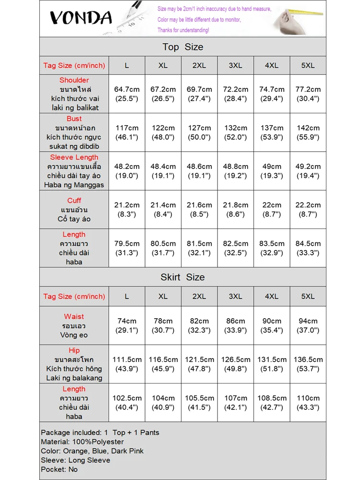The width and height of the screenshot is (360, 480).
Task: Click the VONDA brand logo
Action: click(81, 18)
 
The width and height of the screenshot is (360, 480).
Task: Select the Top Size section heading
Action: click(182, 47)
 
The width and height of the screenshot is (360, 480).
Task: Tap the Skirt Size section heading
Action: click(182, 277)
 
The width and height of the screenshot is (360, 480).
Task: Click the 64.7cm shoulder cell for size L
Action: click(127, 94)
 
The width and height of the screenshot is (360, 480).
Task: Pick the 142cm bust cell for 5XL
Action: click(308, 132)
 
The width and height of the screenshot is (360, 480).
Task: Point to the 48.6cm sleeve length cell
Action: click(199, 171)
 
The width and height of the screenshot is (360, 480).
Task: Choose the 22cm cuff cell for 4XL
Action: click(272, 209)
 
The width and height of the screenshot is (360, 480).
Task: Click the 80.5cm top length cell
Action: click(163, 248)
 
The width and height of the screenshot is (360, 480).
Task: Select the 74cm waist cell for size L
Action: click(127, 325)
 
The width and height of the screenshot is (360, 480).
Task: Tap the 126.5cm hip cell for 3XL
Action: click(236, 364)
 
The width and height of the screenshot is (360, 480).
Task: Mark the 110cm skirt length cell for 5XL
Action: click(308, 402)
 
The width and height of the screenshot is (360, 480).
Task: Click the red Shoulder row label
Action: click(74, 80)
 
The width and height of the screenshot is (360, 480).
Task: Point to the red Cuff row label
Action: click(74, 201)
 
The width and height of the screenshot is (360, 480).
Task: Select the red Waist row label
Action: click(74, 316)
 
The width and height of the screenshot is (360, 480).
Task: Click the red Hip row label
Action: click(74, 350)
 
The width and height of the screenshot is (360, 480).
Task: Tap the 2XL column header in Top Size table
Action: click(199, 65)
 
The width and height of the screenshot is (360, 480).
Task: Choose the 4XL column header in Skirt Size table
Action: click(272, 296)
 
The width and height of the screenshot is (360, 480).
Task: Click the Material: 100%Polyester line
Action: click(82, 442)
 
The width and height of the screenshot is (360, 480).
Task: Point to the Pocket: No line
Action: click(59, 469)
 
